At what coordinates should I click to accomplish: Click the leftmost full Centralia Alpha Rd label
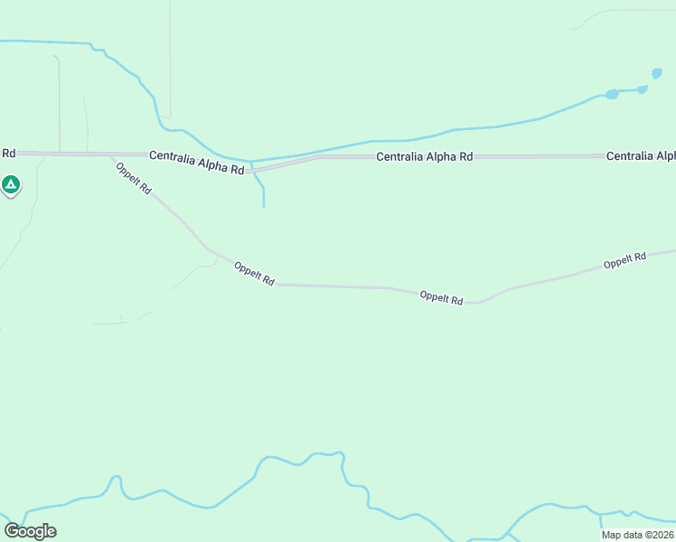coord(197,163)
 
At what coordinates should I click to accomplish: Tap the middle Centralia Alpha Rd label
coord(425,157)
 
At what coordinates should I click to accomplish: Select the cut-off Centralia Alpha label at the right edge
coord(641,156)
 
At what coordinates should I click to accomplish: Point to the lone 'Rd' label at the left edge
coord(9,154)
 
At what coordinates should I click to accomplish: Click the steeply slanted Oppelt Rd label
coord(134,176)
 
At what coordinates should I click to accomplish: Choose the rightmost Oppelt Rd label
coord(624,261)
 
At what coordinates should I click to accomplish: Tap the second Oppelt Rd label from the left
coord(253,273)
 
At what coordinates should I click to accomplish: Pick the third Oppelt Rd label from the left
coord(441,297)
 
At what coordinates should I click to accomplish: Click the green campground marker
coord(11,185)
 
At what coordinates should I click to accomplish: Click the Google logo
coord(30,530)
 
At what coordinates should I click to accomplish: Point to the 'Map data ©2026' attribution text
coord(637,535)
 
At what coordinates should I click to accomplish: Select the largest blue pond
coord(612,94)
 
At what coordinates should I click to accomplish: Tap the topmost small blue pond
coord(657,73)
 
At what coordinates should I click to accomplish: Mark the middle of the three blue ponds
coord(643,89)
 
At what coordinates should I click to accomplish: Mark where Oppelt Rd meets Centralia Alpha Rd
coord(110,155)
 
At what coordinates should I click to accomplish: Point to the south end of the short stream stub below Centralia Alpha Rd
coord(264,207)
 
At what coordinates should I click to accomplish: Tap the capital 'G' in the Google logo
coord(11,530)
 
